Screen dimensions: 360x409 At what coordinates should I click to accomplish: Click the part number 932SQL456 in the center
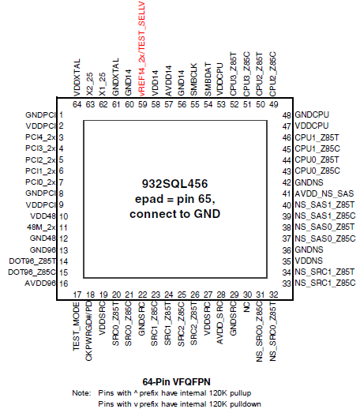point(174,184)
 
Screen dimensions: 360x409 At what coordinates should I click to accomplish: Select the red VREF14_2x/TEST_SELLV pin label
point(141,49)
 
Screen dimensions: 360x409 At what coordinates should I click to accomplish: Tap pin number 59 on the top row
point(142,104)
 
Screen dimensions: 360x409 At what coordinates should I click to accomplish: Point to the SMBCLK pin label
point(193,80)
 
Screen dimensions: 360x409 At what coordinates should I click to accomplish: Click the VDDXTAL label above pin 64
point(77,77)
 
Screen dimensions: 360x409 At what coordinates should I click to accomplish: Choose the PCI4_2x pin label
point(40,137)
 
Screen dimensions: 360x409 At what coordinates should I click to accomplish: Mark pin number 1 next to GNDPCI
point(61,114)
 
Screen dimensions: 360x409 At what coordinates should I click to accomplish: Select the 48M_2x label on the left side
point(41,227)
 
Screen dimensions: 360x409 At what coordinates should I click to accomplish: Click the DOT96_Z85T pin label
point(32,261)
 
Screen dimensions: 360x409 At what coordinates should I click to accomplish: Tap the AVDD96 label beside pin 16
point(40,283)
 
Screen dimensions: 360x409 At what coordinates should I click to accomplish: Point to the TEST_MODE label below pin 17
point(77,326)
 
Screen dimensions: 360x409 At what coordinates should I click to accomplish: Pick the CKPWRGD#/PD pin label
point(89,331)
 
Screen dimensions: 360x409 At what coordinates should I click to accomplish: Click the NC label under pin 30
point(246,307)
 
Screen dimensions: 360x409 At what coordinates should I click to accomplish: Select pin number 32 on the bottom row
point(273,295)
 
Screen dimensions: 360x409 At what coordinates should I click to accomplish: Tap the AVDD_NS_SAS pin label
point(324,193)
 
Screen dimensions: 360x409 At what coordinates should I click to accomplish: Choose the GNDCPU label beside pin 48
point(312,114)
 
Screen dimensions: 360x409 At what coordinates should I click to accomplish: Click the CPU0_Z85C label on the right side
point(317,171)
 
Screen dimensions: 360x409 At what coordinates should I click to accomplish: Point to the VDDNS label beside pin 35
point(309,261)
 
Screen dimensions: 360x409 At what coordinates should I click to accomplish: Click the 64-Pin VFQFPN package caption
point(176,381)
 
